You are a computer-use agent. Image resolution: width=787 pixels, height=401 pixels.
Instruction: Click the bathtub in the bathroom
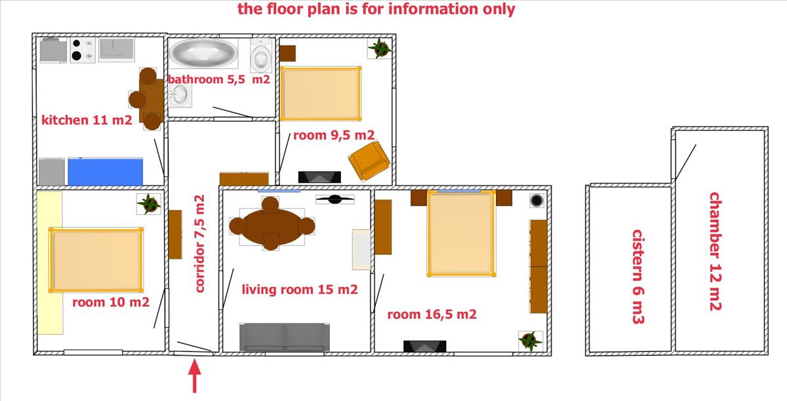[203, 53]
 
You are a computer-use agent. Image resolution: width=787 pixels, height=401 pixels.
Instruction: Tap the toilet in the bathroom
[261, 56]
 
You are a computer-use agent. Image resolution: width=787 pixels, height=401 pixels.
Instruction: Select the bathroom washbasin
[180, 95]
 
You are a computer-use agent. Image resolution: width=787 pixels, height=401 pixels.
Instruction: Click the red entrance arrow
[194, 375]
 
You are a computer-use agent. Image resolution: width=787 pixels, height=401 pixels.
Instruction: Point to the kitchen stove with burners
[83, 50]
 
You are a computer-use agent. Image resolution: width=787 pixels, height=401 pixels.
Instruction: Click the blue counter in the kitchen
[106, 172]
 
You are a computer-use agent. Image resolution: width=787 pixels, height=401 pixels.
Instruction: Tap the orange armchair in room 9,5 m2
[369, 161]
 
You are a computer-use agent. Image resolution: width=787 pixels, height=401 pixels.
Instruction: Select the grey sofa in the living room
[285, 337]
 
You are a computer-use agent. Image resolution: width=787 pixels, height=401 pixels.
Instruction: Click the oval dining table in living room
[272, 225]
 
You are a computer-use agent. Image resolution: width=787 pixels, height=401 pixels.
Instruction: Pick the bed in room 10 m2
[96, 260]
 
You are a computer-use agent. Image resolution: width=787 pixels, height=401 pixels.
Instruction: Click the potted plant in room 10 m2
[149, 204]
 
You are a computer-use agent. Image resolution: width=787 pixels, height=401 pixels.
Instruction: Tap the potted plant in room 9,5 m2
[380, 48]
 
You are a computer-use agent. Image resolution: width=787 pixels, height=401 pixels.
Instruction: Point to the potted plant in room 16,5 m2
[531, 341]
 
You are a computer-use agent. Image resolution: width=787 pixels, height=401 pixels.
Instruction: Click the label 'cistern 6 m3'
[638, 277]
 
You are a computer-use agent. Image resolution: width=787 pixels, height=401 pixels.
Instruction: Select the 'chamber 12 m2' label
[716, 252]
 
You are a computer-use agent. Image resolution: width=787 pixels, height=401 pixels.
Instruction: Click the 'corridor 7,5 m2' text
[199, 244]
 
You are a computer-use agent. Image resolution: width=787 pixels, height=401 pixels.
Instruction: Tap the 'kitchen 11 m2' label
[87, 120]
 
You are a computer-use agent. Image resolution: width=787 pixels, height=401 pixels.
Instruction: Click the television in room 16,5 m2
[425, 346]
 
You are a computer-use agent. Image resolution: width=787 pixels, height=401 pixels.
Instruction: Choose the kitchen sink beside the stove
[116, 50]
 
